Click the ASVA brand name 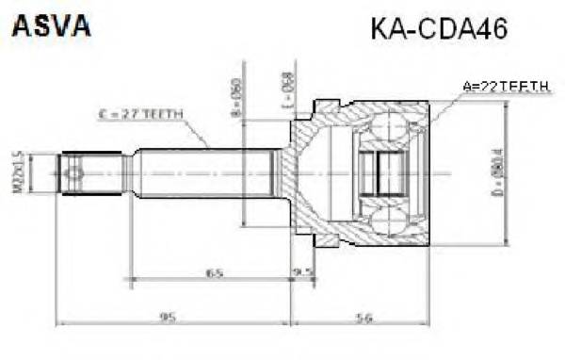(51, 26)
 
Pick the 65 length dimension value (216, 273)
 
